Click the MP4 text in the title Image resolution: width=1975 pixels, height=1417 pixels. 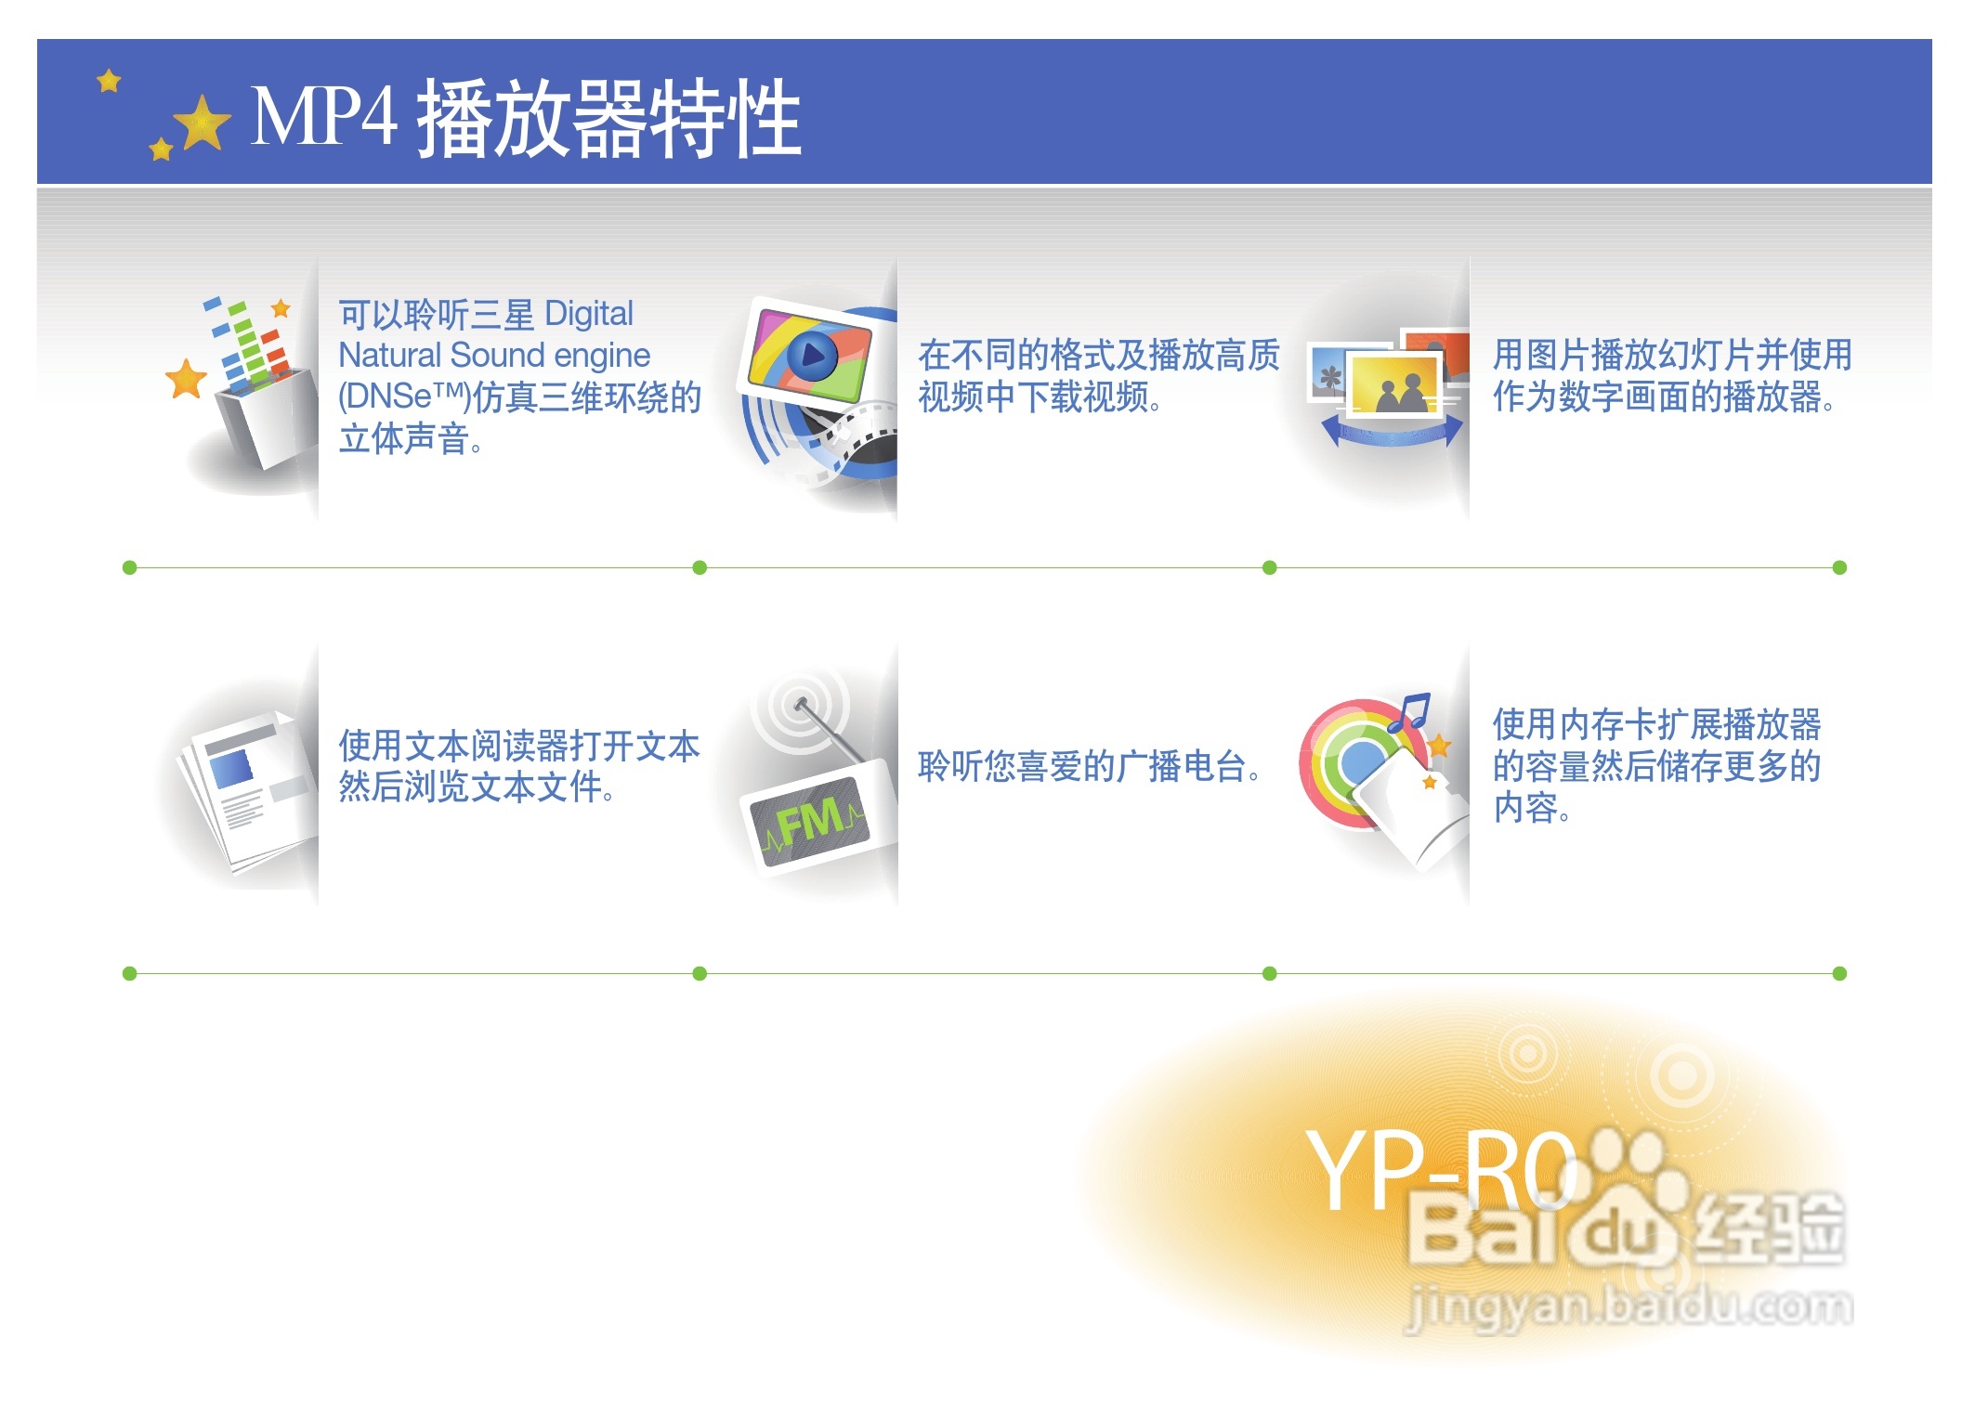(x=323, y=116)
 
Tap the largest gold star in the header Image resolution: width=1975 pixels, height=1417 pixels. (x=203, y=123)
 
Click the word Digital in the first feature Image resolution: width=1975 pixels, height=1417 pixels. (x=589, y=315)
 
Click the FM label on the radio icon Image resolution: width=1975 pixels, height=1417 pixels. (x=811, y=821)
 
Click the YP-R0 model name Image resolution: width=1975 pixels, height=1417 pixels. (x=1440, y=1172)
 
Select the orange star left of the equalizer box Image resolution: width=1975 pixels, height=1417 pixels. (x=186, y=379)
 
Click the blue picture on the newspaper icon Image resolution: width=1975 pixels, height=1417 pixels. (x=231, y=769)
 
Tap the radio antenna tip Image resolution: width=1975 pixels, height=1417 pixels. (x=798, y=705)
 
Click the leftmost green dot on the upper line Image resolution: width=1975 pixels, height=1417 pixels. (x=130, y=567)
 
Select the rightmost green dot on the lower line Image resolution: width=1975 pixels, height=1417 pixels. (x=1839, y=973)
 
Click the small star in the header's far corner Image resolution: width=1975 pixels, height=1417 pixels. (x=110, y=81)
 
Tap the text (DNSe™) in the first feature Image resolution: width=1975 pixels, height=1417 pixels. (x=404, y=396)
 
